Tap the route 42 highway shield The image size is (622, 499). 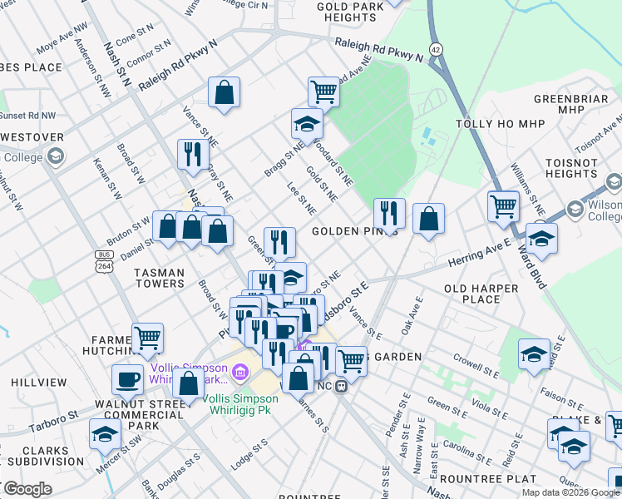click(x=437, y=49)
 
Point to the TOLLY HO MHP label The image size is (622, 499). click(x=501, y=124)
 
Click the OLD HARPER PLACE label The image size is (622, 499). click(x=481, y=294)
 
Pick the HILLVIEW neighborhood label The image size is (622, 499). click(x=39, y=382)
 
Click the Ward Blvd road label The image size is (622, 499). click(x=532, y=265)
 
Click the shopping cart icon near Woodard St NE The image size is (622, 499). click(x=323, y=91)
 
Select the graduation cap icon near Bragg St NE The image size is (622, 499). click(x=307, y=124)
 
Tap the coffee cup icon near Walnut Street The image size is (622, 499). click(x=128, y=378)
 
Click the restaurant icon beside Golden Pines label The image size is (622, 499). click(x=389, y=213)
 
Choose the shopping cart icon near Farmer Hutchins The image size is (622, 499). click(x=147, y=337)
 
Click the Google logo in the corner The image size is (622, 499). click(x=27, y=490)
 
